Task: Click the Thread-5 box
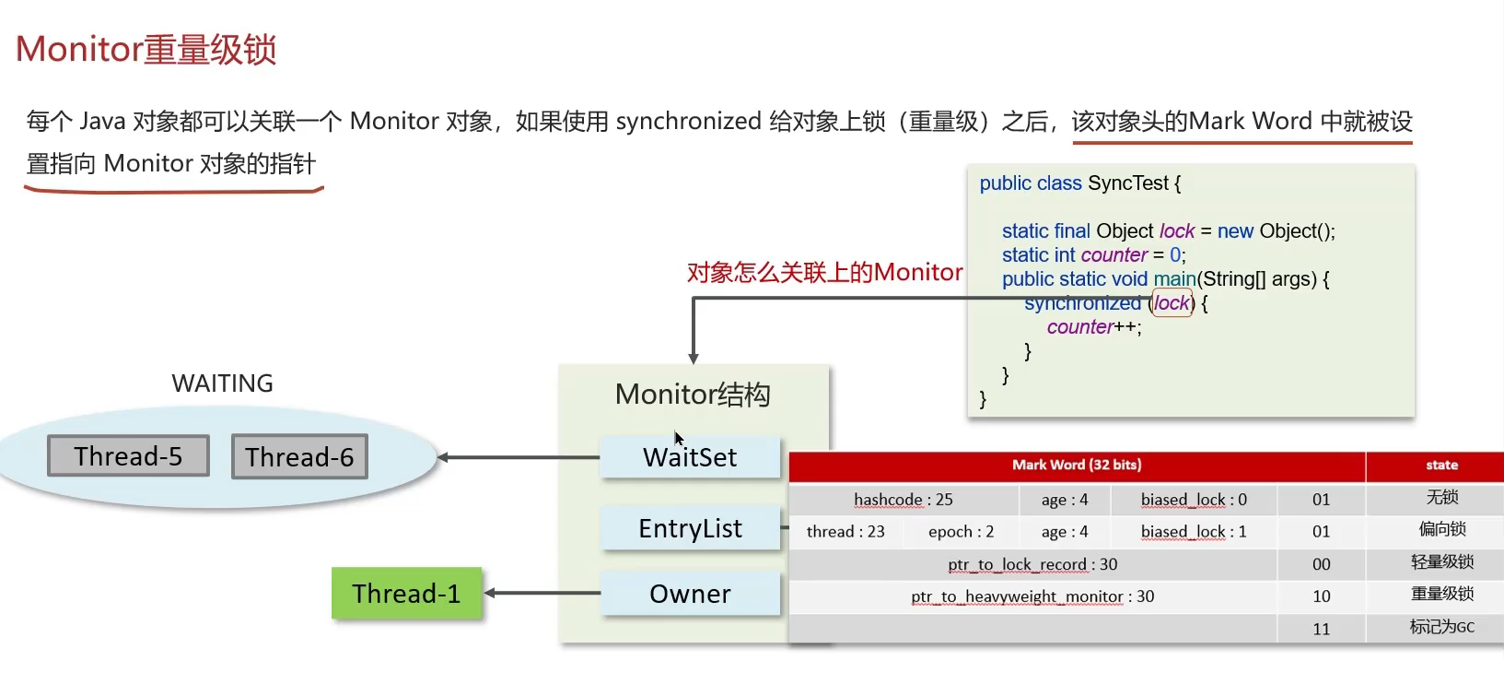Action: click(x=128, y=456)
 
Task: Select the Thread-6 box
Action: click(x=299, y=457)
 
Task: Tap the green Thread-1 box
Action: click(x=406, y=594)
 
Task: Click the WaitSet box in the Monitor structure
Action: click(x=690, y=457)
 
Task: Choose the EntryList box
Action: click(x=690, y=528)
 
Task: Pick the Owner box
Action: click(x=690, y=594)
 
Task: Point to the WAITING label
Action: click(x=222, y=383)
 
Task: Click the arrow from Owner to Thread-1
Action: click(x=542, y=593)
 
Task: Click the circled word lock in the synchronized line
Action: click(x=1172, y=303)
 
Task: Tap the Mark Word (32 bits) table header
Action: click(x=1077, y=466)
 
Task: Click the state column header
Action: click(x=1441, y=466)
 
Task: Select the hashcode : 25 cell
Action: click(x=903, y=500)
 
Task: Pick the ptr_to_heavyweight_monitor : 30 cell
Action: click(x=1032, y=596)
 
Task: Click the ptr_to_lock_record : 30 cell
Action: click(x=1032, y=564)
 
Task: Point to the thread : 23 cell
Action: click(x=845, y=532)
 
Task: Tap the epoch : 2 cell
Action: click(x=961, y=532)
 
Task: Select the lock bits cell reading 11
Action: click(x=1321, y=629)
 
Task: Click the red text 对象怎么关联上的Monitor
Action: click(x=824, y=273)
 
